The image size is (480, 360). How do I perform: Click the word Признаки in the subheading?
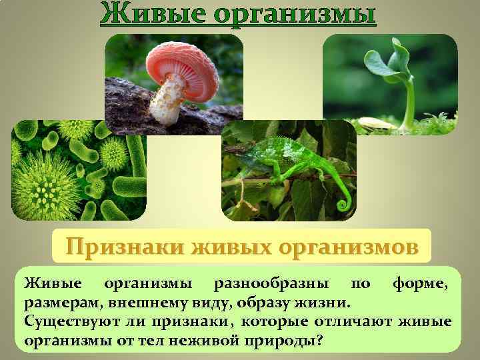pos(125,247)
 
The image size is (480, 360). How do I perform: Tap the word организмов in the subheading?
pos(349,247)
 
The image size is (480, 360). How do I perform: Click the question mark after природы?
pos(321,340)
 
